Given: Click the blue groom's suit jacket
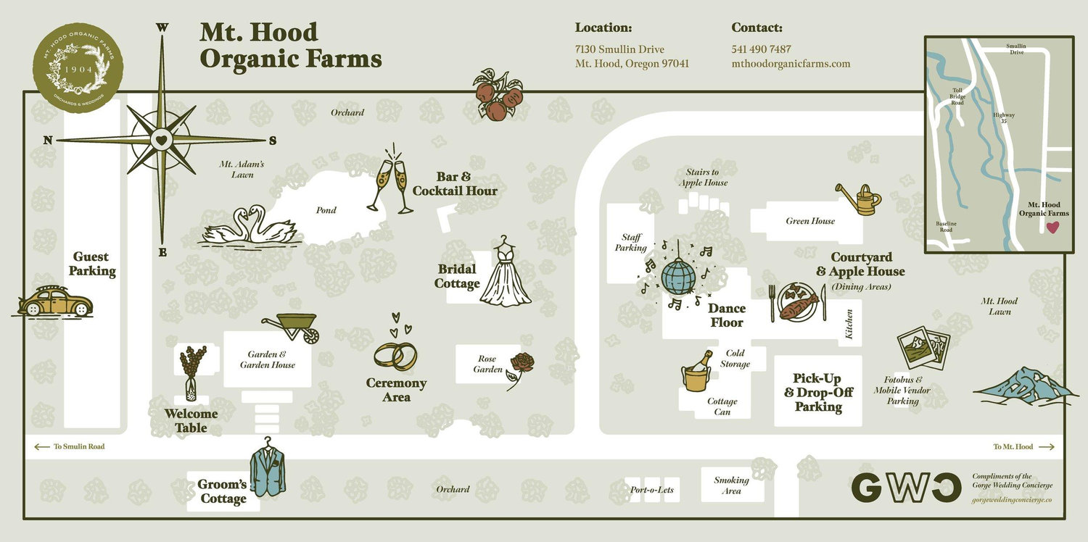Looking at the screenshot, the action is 267,467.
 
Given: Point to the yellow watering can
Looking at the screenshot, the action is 860,199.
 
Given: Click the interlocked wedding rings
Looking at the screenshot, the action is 395,357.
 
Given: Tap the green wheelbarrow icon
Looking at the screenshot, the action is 292,327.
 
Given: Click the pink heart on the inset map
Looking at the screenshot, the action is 1052,227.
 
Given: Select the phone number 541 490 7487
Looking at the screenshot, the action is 761,49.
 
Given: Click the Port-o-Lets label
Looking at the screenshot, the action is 652,490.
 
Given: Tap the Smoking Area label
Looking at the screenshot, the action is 731,485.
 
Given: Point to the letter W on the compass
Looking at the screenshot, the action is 162,28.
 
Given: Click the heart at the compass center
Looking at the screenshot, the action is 162,141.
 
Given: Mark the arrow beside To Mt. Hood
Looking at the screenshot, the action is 1047,447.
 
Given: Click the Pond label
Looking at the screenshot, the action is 326,210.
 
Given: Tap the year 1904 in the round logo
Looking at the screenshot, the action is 78,70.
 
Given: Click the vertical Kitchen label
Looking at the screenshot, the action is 849,324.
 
